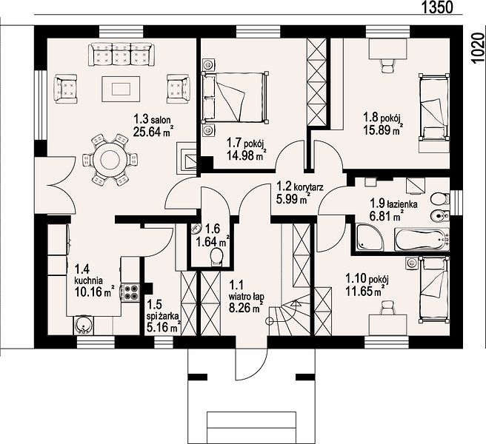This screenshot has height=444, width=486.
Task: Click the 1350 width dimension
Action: coord(438,7)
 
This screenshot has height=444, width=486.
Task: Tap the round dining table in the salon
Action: coord(110,160)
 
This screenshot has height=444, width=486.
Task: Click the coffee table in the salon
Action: coord(121,90)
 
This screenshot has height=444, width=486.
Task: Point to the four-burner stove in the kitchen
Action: coord(131,292)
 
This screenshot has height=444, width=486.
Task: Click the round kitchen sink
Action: coord(83,326)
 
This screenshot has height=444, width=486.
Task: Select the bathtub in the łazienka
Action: coord(422,239)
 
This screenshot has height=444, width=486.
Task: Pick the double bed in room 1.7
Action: coord(236,97)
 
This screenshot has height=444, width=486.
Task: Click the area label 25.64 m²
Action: coord(153,132)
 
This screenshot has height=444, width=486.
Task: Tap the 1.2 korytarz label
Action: coord(300,186)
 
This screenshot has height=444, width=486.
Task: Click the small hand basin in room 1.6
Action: coord(196,229)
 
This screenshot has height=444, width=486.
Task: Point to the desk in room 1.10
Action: coord(387,325)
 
